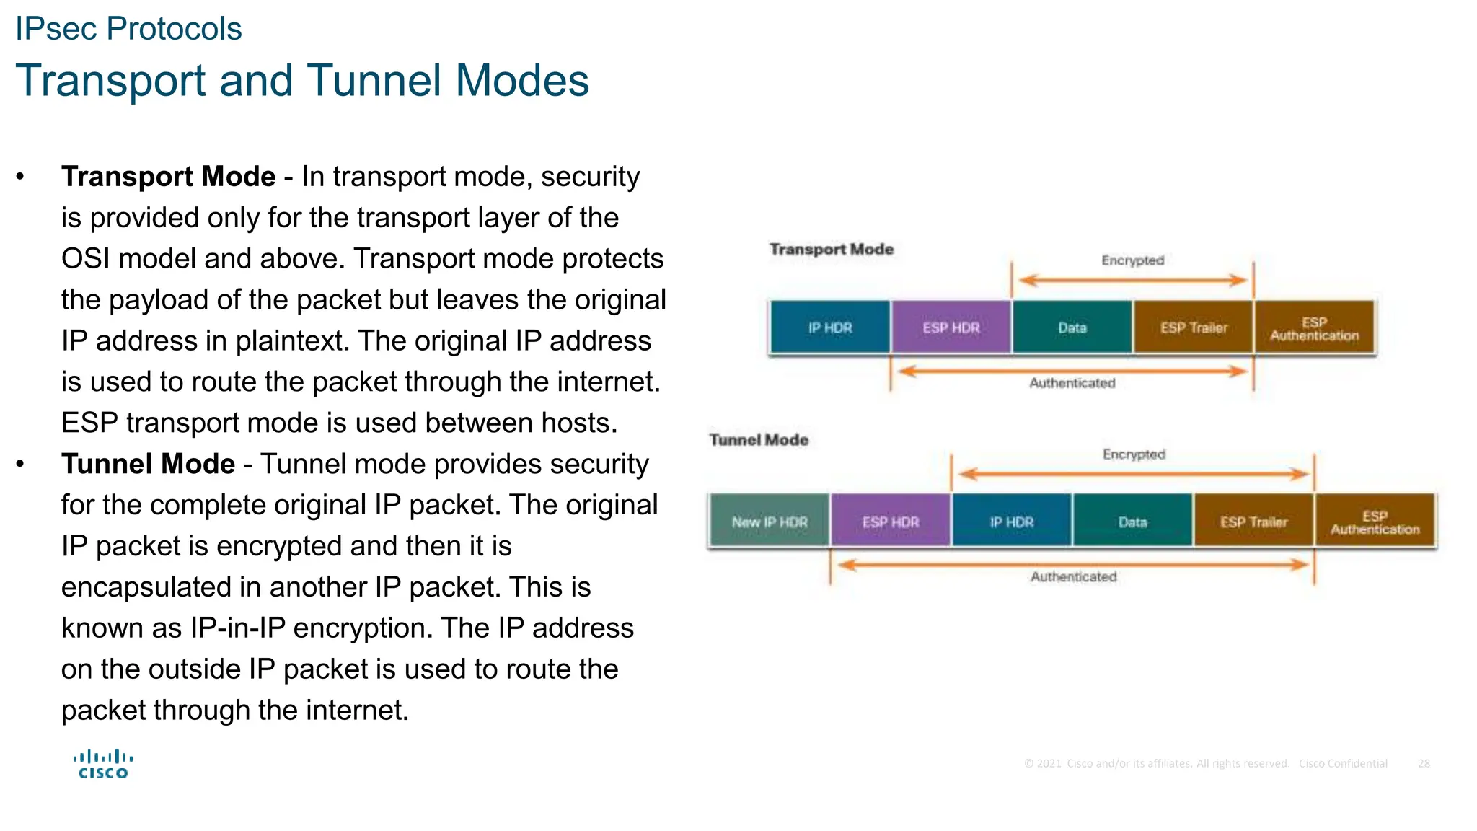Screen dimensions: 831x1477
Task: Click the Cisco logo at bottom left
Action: click(x=103, y=764)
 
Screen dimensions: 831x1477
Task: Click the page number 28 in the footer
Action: click(x=1424, y=763)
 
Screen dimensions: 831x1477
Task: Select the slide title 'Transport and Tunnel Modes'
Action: click(x=302, y=80)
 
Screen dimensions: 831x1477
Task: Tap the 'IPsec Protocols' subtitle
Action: click(x=128, y=29)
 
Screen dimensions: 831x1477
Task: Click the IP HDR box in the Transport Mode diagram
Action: click(x=829, y=327)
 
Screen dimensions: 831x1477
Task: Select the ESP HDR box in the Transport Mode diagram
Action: click(x=951, y=327)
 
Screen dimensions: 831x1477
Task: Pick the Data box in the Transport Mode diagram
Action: click(x=1072, y=327)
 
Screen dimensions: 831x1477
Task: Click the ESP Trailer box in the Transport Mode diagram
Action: click(x=1193, y=327)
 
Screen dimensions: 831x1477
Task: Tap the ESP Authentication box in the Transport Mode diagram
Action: click(x=1314, y=328)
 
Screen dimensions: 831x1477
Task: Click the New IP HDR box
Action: click(x=769, y=522)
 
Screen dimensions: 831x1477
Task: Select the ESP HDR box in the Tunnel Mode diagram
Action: click(x=890, y=522)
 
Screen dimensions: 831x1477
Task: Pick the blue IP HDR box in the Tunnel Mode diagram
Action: click(x=1011, y=522)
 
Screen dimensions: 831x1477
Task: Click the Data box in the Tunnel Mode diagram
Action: click(x=1132, y=522)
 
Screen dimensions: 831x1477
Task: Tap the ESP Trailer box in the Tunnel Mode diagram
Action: click(x=1253, y=522)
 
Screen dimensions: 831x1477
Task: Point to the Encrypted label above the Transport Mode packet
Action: click(x=1132, y=260)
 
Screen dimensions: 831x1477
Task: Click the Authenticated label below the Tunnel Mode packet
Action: click(x=1073, y=577)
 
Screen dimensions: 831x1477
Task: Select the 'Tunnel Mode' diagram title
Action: click(x=759, y=440)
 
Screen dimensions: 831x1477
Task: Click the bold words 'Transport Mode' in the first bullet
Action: click(x=168, y=177)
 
